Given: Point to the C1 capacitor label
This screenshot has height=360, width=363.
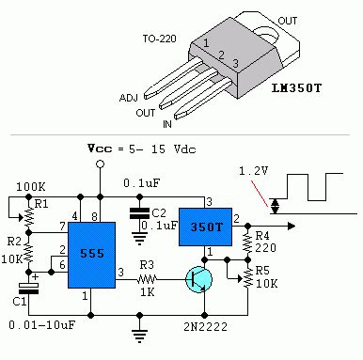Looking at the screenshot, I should point(17,301).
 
